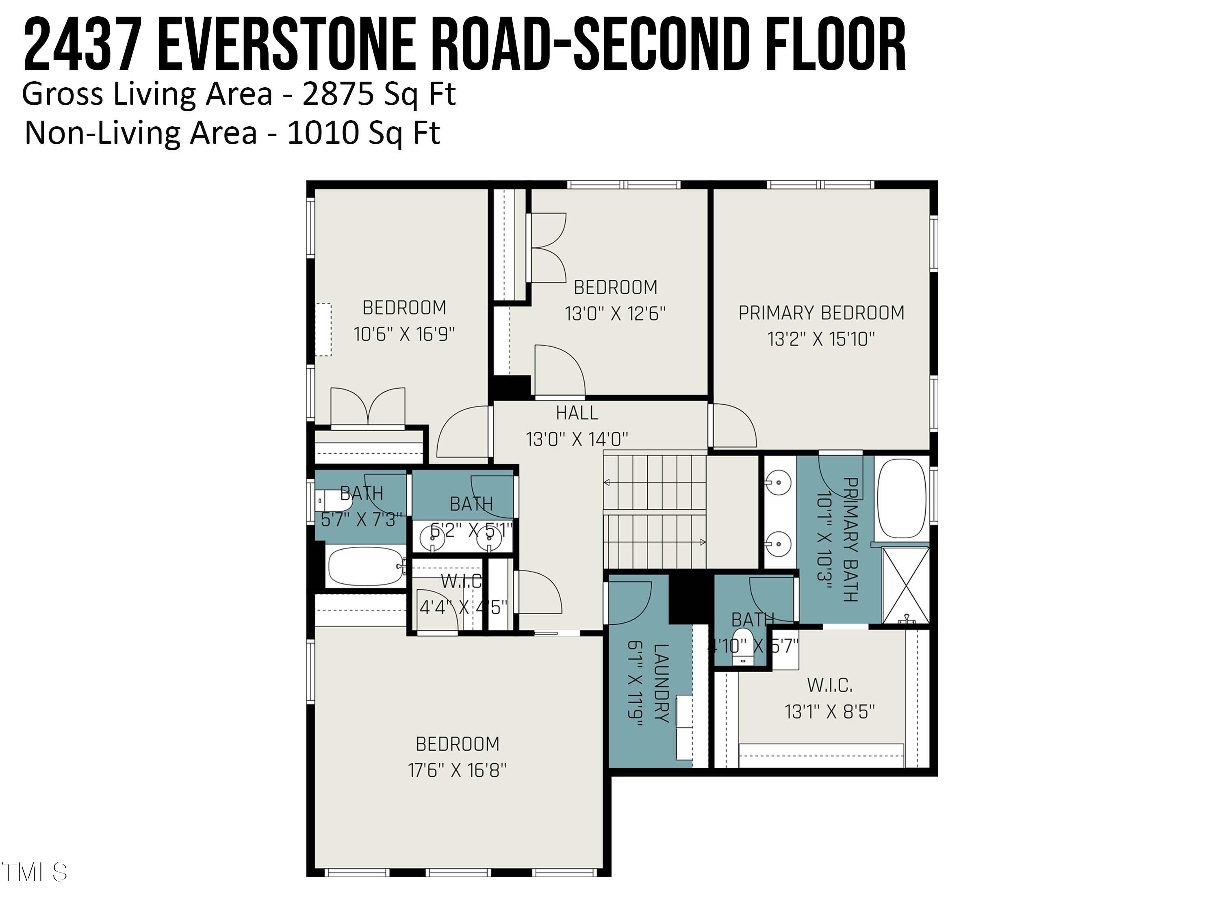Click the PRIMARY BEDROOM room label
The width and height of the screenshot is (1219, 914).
pyautogui.click(x=821, y=313)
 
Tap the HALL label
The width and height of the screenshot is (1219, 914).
pyautogui.click(x=577, y=413)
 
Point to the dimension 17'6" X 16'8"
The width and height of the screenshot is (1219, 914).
pyautogui.click(x=457, y=770)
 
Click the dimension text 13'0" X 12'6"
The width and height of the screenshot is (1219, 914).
pyautogui.click(x=615, y=314)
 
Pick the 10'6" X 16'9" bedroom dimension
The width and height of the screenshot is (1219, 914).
pyautogui.click(x=404, y=334)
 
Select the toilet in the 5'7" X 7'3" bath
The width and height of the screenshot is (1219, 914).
pyautogui.click(x=334, y=501)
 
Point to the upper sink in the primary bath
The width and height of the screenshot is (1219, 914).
pyautogui.click(x=778, y=483)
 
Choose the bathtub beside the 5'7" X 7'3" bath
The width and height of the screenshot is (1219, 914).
pyautogui.click(x=366, y=566)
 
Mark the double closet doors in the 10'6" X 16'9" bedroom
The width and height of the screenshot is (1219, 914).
pyautogui.click(x=368, y=408)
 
